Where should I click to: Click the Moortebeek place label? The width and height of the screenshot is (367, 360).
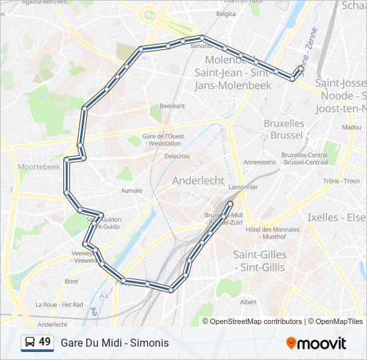tap(39, 166)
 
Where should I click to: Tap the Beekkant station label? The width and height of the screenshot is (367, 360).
tap(172, 106)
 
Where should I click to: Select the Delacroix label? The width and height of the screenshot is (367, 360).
tap(177, 156)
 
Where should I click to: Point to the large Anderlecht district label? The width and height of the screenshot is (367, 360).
tap(198, 181)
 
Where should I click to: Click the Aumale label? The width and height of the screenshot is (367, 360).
tap(131, 190)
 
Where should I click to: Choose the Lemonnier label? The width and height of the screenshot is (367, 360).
tap(243, 187)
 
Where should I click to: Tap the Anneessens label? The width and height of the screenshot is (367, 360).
tap(260, 162)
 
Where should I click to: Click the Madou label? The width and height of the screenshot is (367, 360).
tap(351, 127)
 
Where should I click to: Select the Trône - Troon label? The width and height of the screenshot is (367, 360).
tap(341, 181)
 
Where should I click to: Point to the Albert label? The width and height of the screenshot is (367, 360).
tap(248, 302)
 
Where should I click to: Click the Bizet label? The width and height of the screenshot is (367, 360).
tap(71, 281)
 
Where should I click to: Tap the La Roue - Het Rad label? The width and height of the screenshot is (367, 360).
tap(59, 305)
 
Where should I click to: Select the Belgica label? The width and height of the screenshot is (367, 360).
tap(226, 13)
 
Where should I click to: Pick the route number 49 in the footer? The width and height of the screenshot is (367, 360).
tap(45, 342)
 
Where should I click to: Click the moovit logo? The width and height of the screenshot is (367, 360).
tap(316, 343)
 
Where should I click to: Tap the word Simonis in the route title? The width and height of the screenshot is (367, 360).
tap(149, 343)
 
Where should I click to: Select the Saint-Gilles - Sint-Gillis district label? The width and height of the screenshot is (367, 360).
tap(260, 261)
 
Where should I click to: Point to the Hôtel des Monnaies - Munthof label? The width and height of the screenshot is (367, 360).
tap(272, 233)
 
